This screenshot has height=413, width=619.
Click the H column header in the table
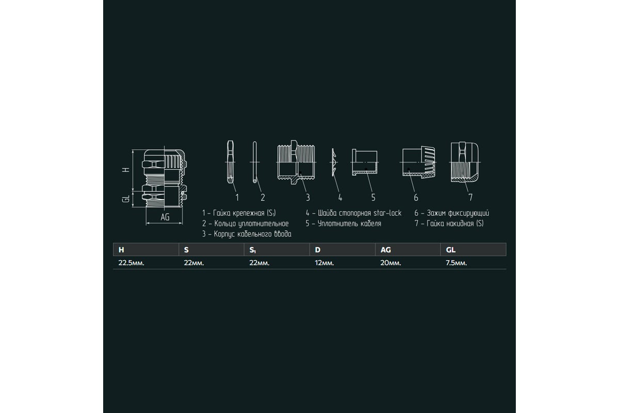[x=121, y=250]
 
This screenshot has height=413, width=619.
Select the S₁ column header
[x=253, y=250]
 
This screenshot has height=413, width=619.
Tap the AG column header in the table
[x=385, y=250]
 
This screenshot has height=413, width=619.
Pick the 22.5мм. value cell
[x=131, y=263]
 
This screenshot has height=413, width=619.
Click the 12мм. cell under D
[x=324, y=263]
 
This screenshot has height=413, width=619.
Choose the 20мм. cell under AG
[x=390, y=263]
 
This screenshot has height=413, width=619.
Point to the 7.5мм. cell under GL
[x=456, y=263]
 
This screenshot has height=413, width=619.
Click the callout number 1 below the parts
[x=237, y=197]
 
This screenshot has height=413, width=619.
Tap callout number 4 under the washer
[x=340, y=198]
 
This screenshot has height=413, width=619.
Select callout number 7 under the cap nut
[x=470, y=197]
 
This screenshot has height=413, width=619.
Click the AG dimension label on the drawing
[x=165, y=217]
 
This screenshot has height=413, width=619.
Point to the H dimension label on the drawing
[x=126, y=169]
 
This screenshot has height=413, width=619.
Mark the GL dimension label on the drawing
[x=126, y=199]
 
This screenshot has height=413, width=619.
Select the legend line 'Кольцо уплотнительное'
[x=245, y=224]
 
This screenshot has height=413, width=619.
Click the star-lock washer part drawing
[x=334, y=162]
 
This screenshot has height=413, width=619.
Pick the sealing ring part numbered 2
[x=254, y=162]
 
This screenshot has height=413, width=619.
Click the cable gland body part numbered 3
[x=296, y=162]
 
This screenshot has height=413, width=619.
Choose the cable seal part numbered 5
[x=365, y=162]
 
